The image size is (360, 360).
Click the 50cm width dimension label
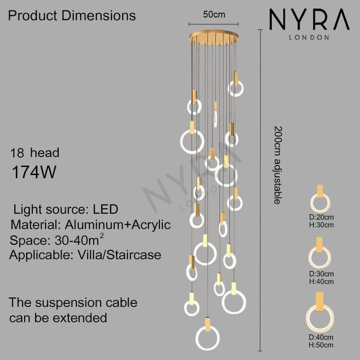(x=214, y=14)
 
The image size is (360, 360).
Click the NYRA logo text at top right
(x=309, y=21)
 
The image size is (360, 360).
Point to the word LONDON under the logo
(x=309, y=37)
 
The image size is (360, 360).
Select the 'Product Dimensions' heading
(x=72, y=16)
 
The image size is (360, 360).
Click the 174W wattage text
(x=34, y=172)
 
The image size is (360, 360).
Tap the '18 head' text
(x=35, y=153)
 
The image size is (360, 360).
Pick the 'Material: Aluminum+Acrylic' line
(x=90, y=225)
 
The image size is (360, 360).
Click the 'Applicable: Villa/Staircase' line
(x=85, y=255)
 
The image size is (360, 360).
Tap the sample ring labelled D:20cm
(x=320, y=202)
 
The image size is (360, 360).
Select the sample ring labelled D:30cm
(x=320, y=257)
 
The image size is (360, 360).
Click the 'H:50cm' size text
(x=321, y=345)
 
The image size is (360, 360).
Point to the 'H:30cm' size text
(x=321, y=225)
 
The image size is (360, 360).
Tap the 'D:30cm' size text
(x=321, y=274)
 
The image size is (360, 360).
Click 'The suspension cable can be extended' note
(x=73, y=310)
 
